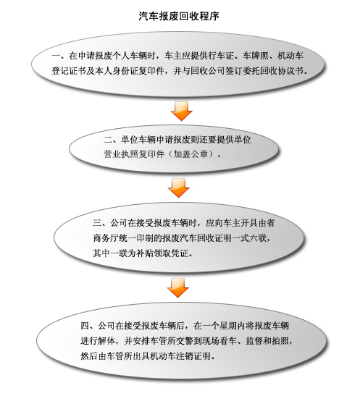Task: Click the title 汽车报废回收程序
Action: click(x=179, y=16)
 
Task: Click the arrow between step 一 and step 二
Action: click(x=181, y=111)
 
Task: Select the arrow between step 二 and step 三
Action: click(x=179, y=188)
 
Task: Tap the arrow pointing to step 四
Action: click(x=178, y=288)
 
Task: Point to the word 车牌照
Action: click(x=256, y=56)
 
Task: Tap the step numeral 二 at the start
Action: click(x=108, y=140)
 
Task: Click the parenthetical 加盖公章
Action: click(x=191, y=153)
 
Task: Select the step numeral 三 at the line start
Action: click(x=97, y=223)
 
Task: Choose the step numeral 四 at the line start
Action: click(x=85, y=326)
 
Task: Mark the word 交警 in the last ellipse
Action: click(x=193, y=341)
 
